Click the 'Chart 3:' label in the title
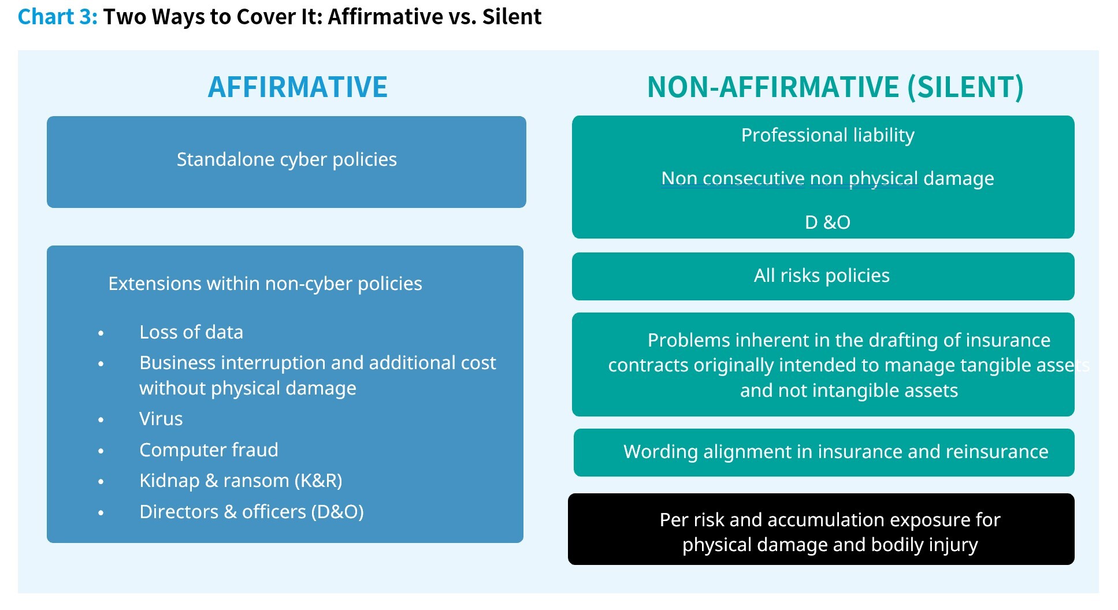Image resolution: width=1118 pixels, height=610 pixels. click(x=58, y=17)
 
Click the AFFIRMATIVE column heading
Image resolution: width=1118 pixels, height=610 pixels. click(x=298, y=87)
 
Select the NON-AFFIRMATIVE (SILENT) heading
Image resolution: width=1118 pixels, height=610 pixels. click(x=835, y=87)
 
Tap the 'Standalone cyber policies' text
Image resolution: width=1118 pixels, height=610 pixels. click(x=287, y=159)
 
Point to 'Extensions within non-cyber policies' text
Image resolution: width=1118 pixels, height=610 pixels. click(x=265, y=284)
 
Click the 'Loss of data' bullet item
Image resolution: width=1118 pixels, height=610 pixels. click(x=191, y=332)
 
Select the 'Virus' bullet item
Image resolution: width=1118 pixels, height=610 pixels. click(x=161, y=419)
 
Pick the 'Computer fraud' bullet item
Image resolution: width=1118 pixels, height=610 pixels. click(x=209, y=450)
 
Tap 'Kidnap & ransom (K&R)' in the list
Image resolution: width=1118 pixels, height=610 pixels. click(x=241, y=481)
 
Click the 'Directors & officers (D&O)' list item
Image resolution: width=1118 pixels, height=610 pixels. click(x=251, y=512)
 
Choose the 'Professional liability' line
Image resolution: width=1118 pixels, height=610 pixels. click(x=827, y=135)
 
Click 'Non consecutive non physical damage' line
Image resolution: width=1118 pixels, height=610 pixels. click(x=827, y=178)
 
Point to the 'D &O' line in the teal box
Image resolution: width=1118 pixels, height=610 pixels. click(x=827, y=222)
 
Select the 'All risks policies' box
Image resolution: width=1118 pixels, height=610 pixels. click(x=823, y=276)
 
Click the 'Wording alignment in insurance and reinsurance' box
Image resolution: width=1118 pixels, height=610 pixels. click(x=824, y=452)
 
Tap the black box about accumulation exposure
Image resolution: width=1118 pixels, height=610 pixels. click(x=821, y=529)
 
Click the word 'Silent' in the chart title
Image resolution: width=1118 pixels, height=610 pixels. click(x=512, y=17)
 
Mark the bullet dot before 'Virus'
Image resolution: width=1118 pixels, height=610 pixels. click(x=101, y=420)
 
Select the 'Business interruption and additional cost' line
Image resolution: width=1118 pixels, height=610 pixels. click(x=318, y=363)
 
